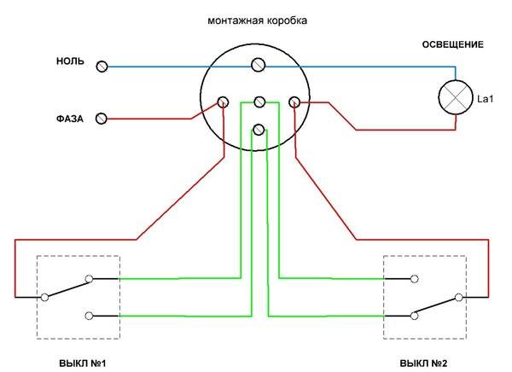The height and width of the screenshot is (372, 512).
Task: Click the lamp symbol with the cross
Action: click(x=456, y=99)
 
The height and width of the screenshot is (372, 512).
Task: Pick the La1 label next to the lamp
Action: click(x=486, y=100)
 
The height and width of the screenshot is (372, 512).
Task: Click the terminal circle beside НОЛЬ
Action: click(x=102, y=66)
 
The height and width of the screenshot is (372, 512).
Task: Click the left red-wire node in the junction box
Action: click(x=224, y=102)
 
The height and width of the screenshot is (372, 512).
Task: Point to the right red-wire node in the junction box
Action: click(x=294, y=102)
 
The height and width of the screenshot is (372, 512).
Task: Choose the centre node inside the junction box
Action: click(x=259, y=102)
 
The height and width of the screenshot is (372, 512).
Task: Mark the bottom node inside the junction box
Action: click(x=259, y=130)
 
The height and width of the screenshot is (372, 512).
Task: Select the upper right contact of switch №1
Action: click(x=90, y=277)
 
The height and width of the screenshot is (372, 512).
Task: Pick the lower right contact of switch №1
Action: click(x=90, y=316)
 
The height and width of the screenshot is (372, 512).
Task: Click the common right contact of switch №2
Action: click(x=459, y=297)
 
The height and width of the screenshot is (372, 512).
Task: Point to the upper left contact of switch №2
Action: click(x=414, y=277)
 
